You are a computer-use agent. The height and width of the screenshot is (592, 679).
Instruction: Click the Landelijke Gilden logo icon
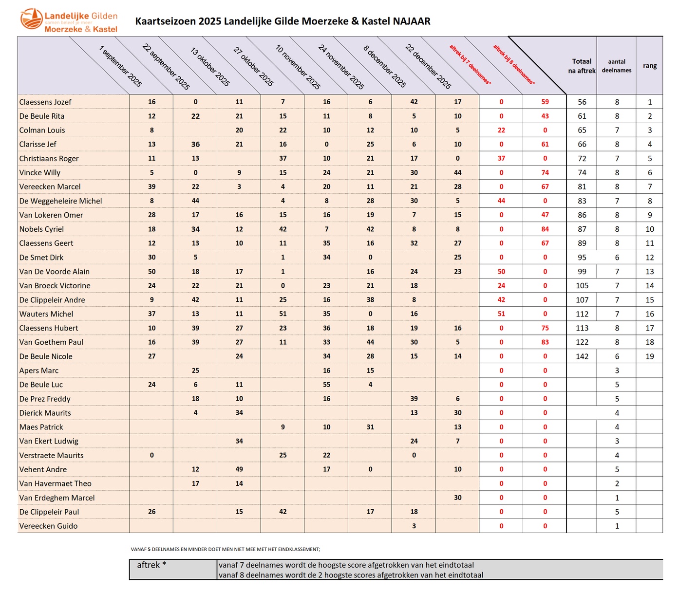(31, 19)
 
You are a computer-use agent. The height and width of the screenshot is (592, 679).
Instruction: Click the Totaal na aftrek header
(582, 66)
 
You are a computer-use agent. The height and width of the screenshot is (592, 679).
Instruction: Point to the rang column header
(649, 66)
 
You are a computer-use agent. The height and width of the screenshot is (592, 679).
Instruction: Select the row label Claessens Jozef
(45, 102)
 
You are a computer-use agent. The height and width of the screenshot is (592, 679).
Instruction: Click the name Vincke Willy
(40, 173)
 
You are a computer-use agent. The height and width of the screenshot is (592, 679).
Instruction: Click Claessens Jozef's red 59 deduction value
(545, 102)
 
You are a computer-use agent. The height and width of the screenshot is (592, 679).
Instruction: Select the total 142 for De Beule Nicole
(582, 356)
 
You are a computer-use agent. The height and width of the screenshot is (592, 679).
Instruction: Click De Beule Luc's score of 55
(326, 385)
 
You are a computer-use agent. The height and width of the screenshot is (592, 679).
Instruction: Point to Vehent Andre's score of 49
(239, 469)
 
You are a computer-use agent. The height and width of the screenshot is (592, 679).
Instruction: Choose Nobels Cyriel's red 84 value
(545, 229)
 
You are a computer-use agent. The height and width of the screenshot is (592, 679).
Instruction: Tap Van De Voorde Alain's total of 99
(582, 272)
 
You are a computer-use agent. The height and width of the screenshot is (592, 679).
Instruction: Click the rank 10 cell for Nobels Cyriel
(650, 229)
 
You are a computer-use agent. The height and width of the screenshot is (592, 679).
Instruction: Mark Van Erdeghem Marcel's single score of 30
(457, 498)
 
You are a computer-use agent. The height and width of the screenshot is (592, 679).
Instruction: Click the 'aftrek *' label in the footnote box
(151, 565)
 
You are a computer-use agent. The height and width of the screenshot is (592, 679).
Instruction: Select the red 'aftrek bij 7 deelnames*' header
(470, 65)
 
